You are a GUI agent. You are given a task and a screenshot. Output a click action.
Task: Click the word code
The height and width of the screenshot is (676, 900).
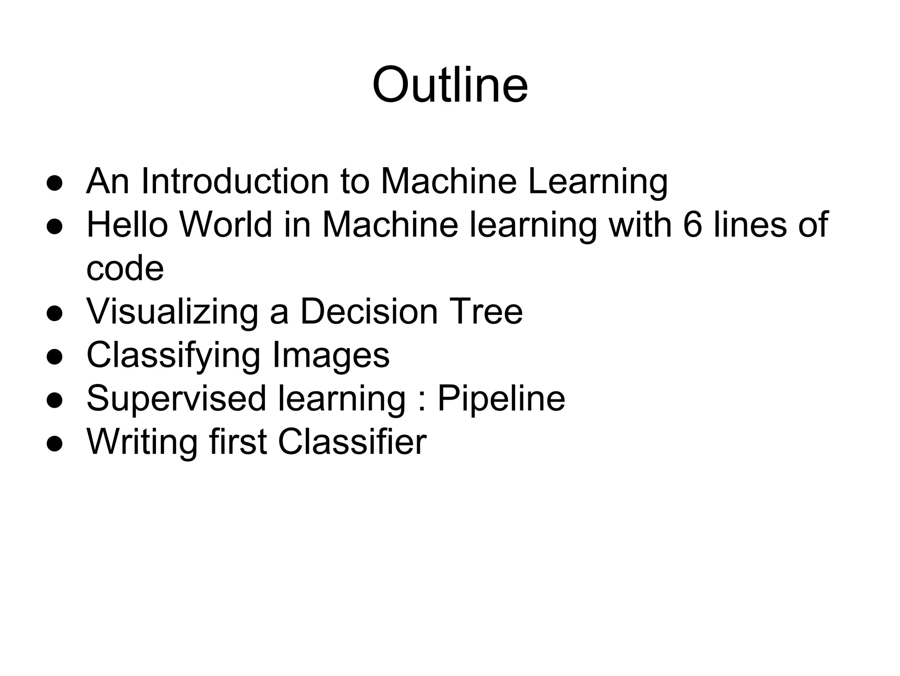pyautogui.click(x=125, y=268)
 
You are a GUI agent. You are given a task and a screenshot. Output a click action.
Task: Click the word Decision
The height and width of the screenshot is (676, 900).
pyautogui.click(x=369, y=311)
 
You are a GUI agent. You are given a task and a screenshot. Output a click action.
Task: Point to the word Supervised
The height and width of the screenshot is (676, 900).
pyautogui.click(x=176, y=398)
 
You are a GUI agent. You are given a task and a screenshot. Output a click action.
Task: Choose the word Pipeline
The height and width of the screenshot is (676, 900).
pyautogui.click(x=501, y=398)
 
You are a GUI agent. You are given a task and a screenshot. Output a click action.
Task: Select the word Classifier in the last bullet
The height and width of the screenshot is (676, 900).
pyautogui.click(x=352, y=442)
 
